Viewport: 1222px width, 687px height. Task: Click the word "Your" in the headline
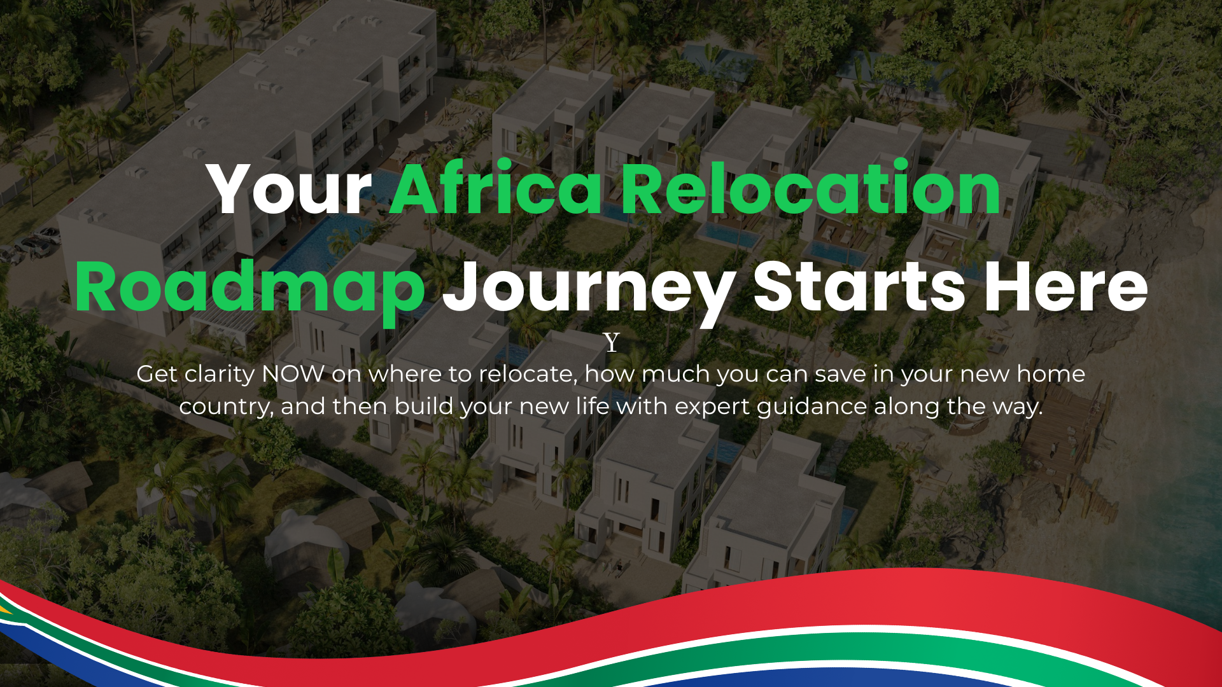click(290, 189)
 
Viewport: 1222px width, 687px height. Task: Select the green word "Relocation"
click(811, 188)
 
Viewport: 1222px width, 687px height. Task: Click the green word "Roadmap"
click(250, 288)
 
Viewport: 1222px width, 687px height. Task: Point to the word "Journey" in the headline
click(589, 289)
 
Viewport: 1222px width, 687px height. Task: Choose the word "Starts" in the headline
click(860, 288)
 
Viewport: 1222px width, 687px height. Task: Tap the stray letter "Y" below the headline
click(612, 343)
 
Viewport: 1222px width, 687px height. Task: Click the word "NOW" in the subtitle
click(293, 374)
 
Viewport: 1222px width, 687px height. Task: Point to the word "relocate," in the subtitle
click(528, 375)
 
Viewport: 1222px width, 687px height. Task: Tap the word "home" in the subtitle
click(1051, 374)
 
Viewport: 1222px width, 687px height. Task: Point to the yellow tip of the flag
click(5, 610)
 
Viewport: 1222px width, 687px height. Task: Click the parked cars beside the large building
click(29, 245)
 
